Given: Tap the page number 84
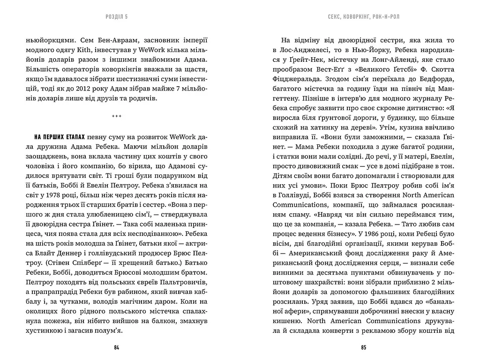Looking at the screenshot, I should coord(117,348).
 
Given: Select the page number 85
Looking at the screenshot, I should coord(363,348).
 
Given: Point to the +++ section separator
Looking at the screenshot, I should coord(117,117).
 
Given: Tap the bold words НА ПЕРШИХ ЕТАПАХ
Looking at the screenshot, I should coord(59,136).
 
